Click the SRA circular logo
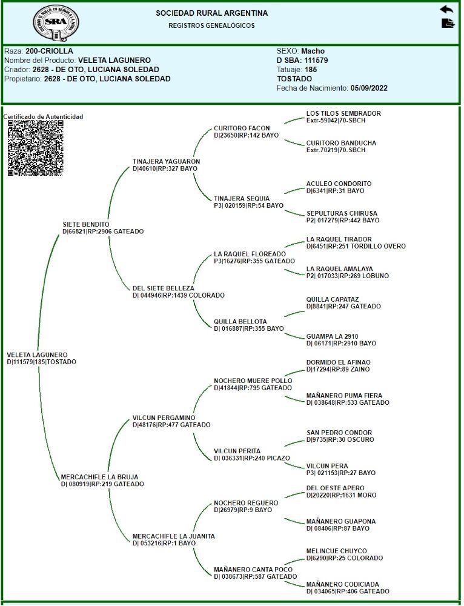click(x=56, y=22)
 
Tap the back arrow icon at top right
click(x=446, y=10)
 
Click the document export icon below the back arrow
click(x=448, y=24)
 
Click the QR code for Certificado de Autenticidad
click(x=36, y=148)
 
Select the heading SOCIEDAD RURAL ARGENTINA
click(x=211, y=13)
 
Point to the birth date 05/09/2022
click(x=369, y=88)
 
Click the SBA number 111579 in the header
click(x=315, y=61)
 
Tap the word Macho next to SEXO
click(x=313, y=52)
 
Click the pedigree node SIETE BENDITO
click(x=86, y=224)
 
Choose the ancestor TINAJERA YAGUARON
click(x=166, y=161)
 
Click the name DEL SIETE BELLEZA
click(x=164, y=288)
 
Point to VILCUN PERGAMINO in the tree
click(x=164, y=418)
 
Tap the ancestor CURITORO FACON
click(x=242, y=128)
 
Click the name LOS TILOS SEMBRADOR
click(x=343, y=113)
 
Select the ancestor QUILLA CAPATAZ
click(x=333, y=299)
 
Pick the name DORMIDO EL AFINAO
click(x=338, y=362)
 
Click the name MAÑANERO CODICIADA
click(x=343, y=584)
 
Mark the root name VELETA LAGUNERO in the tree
click(x=37, y=355)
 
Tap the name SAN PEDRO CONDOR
click(x=339, y=433)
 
